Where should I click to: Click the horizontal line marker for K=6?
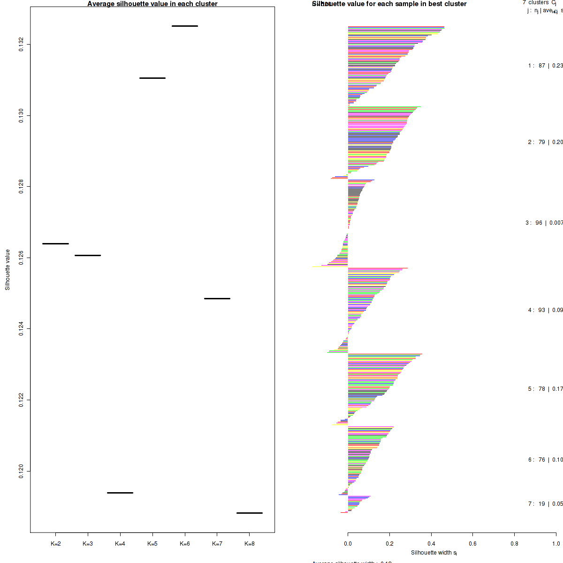(x=185, y=26)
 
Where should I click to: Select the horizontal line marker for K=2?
(x=55, y=243)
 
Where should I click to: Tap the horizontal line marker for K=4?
(x=120, y=493)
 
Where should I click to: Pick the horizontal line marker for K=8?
(x=249, y=513)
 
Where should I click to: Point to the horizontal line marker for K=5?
(x=152, y=78)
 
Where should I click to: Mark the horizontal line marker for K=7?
(x=217, y=298)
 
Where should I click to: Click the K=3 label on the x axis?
(x=88, y=544)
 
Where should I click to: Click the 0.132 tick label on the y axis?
(x=22, y=45)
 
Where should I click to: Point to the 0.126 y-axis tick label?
(x=22, y=258)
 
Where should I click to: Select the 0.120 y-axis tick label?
(x=22, y=471)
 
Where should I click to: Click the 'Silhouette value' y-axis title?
(x=8, y=270)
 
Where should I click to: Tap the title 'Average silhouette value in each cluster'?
(x=152, y=4)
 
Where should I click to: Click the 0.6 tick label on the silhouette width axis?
(x=473, y=544)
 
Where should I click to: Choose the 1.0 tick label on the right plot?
(x=555, y=544)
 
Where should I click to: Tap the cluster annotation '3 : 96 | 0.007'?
(x=544, y=223)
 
